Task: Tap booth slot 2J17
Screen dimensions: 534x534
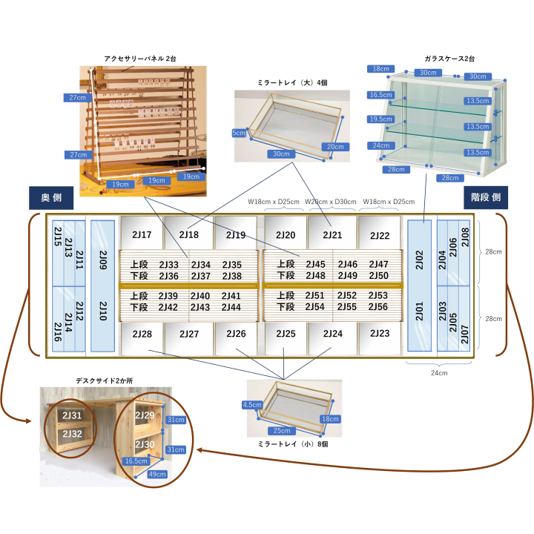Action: click(142, 235)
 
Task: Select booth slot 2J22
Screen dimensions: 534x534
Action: click(380, 235)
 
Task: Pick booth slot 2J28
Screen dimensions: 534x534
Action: click(142, 334)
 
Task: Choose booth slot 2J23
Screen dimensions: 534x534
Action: click(380, 334)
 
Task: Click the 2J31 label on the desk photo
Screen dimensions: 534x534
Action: click(72, 416)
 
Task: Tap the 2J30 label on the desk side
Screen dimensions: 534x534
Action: click(145, 444)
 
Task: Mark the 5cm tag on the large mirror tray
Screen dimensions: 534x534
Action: click(239, 133)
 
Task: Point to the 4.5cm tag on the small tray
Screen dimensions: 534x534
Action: click(252, 405)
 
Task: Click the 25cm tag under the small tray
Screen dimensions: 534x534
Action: click(282, 430)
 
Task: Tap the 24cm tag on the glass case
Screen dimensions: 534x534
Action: click(381, 145)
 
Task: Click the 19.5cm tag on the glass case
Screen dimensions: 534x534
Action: click(380, 119)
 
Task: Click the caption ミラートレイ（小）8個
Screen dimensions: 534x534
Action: click(294, 444)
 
